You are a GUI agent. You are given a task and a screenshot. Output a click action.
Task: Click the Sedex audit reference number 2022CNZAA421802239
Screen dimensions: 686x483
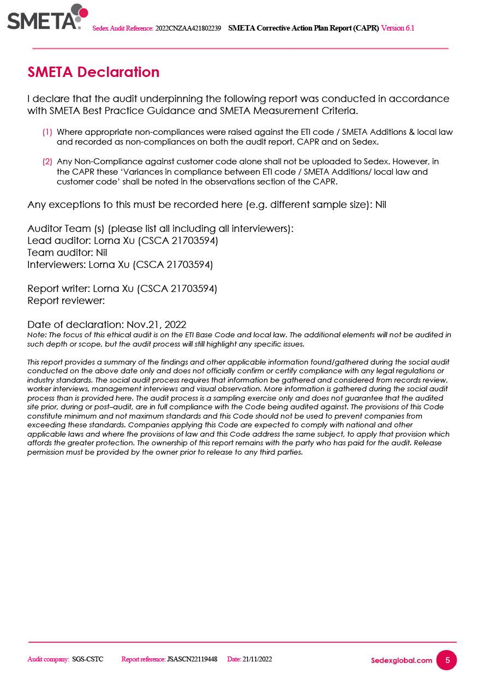pos(188,28)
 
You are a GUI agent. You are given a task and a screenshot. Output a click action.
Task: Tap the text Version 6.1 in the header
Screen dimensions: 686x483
pos(397,28)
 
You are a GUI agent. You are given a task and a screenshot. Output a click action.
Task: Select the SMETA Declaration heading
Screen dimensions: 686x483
pos(93,72)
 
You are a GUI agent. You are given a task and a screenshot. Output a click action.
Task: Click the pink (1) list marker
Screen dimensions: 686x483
pos(47,132)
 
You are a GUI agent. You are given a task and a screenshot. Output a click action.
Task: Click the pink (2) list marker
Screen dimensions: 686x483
pos(47,162)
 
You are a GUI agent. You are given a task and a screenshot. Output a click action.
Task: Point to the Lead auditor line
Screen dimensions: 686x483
pos(123,241)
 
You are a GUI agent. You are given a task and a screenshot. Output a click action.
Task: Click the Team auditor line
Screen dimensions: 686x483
pos(67,253)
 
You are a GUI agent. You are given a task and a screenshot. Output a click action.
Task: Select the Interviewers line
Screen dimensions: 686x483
pos(120,265)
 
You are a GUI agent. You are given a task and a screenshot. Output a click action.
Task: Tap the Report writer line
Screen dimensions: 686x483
pos(122,288)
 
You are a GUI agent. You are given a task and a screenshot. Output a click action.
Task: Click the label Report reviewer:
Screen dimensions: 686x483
pos(66,300)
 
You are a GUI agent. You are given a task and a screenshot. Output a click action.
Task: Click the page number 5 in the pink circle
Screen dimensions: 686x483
pos(447,660)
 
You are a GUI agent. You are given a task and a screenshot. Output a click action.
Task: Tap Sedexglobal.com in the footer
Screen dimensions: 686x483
pos(401,660)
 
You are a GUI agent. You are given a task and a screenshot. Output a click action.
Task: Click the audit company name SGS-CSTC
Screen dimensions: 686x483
pos(88,659)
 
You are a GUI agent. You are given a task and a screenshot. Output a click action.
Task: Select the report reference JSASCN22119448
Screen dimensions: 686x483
pos(192,659)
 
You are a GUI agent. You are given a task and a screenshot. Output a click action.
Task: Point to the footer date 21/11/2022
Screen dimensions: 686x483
pos(257,659)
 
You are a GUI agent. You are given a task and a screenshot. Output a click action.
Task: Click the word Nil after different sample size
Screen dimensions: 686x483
pos(381,205)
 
